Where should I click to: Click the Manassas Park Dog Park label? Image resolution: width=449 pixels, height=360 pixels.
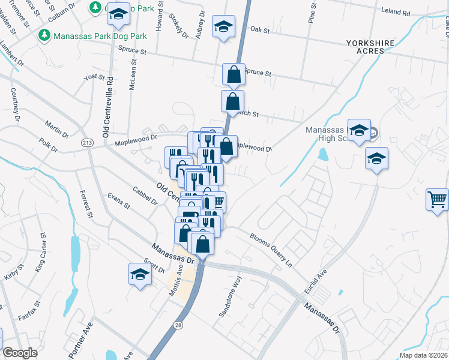(100, 36)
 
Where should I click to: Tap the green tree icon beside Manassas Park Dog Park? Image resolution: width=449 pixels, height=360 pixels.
(44, 36)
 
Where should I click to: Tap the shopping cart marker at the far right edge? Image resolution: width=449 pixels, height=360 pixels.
(438, 199)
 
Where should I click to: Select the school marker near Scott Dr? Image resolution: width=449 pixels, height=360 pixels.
(140, 275)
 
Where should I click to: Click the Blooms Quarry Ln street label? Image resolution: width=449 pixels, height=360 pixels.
(270, 250)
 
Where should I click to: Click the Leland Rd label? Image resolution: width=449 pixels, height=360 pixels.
(397, 12)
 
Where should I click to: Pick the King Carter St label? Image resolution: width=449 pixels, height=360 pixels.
(41, 252)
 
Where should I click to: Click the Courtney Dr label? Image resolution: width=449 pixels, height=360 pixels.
(16, 103)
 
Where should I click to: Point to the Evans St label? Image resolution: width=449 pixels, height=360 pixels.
(118, 200)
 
